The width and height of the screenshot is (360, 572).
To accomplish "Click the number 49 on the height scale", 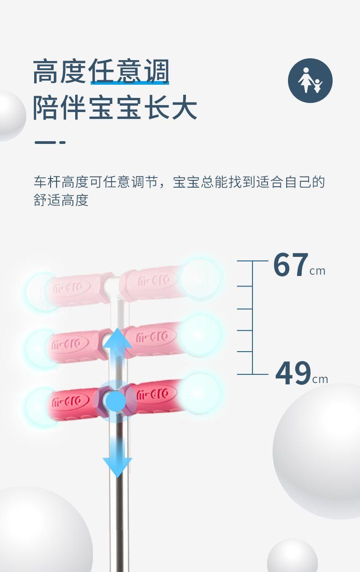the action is [x=293, y=373].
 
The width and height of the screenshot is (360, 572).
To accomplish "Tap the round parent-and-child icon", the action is [x=310, y=81].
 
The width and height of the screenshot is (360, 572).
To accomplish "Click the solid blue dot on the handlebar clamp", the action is [x=117, y=400].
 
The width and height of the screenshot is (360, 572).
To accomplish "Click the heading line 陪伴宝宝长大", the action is [x=115, y=108].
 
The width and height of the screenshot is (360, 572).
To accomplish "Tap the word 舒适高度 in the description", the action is [x=61, y=200].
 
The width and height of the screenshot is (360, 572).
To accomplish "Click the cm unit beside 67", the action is [x=318, y=271].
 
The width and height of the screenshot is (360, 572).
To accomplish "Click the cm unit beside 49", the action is [x=320, y=379].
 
